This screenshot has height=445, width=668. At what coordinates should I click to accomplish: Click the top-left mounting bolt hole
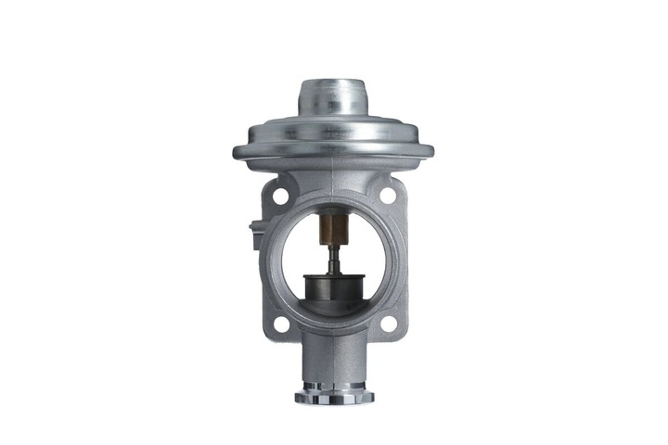(276, 197)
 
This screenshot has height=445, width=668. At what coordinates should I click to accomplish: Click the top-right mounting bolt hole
(387, 197)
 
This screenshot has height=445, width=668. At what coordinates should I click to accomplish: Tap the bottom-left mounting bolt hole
(277, 324)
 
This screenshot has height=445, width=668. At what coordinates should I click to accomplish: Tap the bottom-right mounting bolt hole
(388, 324)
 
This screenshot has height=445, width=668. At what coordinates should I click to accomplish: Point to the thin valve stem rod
(332, 254)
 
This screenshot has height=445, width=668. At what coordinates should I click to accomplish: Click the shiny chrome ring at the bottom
(333, 397)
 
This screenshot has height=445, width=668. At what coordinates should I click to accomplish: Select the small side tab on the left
(254, 232)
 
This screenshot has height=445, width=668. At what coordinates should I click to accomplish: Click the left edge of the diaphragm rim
(238, 150)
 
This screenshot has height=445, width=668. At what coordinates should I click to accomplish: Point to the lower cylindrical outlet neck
(333, 362)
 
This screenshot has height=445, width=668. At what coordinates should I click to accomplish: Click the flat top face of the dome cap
(332, 84)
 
